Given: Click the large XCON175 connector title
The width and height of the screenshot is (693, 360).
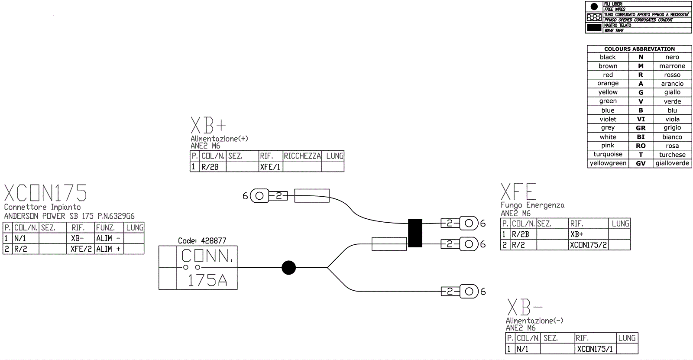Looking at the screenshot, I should pos(45,193).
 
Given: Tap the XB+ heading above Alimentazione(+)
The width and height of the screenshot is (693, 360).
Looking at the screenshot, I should pos(208,126).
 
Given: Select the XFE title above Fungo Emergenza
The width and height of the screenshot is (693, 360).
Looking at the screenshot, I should pos(518,192).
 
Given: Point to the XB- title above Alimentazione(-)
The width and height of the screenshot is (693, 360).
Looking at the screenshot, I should pos(525,308).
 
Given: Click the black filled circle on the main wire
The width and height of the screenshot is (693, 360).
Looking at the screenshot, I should pos(288,268).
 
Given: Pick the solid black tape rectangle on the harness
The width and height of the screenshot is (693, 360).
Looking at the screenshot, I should pos(415,233).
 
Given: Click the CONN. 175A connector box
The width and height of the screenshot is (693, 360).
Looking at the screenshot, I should pos(198,268).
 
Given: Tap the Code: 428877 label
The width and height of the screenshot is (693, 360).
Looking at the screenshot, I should pos(202,240).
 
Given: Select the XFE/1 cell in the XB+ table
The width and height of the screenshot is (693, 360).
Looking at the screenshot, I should pos(270,167).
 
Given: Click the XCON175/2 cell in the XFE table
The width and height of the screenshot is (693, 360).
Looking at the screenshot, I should pos(588,245).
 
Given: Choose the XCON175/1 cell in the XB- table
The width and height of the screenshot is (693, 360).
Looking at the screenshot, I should pos(595,349).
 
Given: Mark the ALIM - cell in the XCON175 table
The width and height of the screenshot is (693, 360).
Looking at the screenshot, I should pos(108,238).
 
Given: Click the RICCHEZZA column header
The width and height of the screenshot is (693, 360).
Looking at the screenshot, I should pos(302,156).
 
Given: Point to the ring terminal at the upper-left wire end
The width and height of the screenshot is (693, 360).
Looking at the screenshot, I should pos(259,196).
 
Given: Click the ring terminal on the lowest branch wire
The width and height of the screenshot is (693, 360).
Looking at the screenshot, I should pos(469,291).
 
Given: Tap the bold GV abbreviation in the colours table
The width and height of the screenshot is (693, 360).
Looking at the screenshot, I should pos(641,163).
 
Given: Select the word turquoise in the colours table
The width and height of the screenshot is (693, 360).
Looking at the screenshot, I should pos(608,154).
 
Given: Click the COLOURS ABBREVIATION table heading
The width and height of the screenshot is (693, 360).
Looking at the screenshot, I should pos(639,49).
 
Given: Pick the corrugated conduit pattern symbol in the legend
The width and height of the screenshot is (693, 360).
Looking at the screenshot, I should pos(594,17).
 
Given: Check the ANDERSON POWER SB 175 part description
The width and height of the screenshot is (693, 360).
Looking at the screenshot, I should pos(69,216).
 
